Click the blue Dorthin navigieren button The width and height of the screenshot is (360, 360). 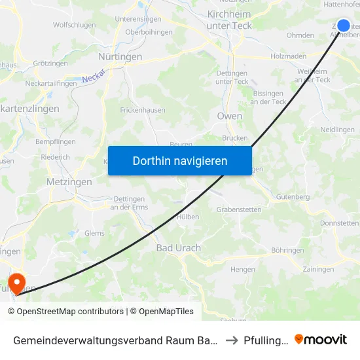coord(179,160)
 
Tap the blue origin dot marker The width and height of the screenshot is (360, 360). coord(343,26)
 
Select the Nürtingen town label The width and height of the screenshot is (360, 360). coord(120,57)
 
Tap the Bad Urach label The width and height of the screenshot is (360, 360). coord(178,248)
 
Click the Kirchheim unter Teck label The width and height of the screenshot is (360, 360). coord(228,19)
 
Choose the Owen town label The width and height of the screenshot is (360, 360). coord(229,116)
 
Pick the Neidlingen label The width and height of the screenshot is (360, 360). coord(338,130)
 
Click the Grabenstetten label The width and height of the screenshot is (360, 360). coord(239,209)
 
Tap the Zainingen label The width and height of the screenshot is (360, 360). coord(319,269)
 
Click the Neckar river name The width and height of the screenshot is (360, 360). coord(93,79)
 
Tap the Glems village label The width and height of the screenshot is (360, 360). coord(94,232)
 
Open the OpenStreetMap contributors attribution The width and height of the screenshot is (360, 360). coord(65,312)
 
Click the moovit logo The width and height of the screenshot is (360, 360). coord(321,339)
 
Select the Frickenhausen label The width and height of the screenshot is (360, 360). coord(141,111)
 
